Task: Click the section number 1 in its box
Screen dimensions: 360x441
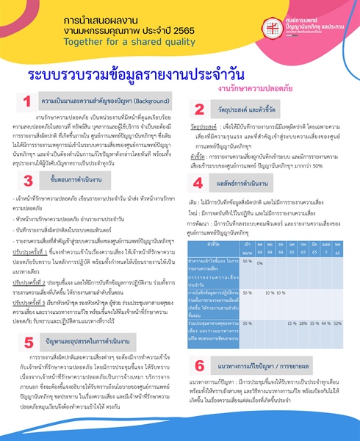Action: coord(26,101)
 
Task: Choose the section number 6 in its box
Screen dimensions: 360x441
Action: coord(200,365)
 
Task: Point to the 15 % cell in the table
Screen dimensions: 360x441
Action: coord(291,322)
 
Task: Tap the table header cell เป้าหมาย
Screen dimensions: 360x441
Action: coord(247,246)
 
